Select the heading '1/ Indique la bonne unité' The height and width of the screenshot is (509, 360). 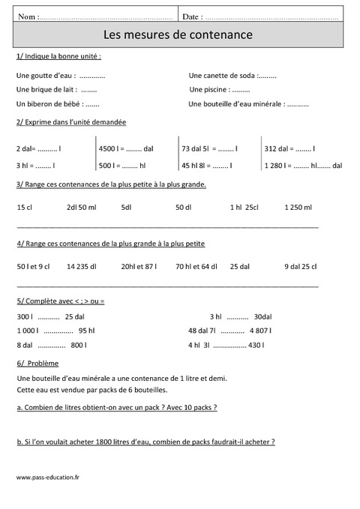pos(58,57)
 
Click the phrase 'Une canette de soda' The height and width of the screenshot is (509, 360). pos(222,75)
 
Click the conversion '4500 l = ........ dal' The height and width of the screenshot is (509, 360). pos(126,148)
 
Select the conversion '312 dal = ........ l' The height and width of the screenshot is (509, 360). pos(290,148)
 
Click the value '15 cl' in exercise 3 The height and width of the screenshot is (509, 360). pos(24,207)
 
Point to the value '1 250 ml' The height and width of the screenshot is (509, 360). pos(298,207)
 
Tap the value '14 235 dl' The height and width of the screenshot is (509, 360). pos(81,266)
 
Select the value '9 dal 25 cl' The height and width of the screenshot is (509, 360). pos(300,266)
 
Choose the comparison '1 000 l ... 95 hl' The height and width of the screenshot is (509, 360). pos(55,331)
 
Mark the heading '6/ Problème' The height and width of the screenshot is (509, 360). pos(37,364)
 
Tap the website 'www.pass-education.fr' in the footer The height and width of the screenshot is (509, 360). pos(47,477)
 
